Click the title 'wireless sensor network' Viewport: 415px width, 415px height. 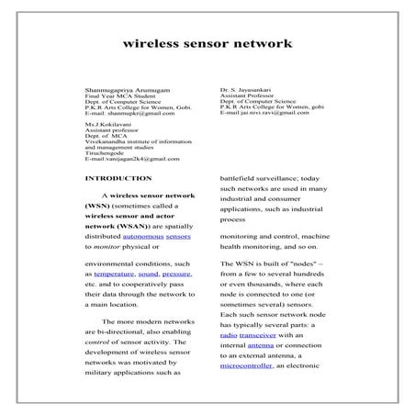click(x=207, y=42)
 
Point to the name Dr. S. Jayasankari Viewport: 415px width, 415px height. click(x=246, y=89)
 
